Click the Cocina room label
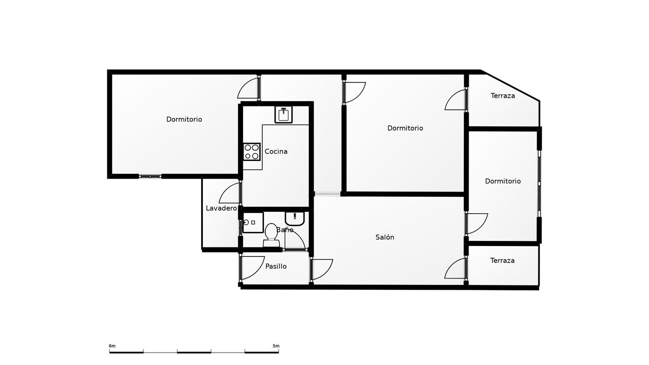pyautogui.click(x=276, y=151)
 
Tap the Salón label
pyautogui.click(x=385, y=237)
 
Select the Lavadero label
pyautogui.click(x=222, y=208)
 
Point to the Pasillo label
pyautogui.click(x=276, y=266)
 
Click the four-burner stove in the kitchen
pyautogui.click(x=251, y=152)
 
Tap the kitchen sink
pyautogui.click(x=283, y=115)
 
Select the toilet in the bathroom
pyautogui.click(x=271, y=235)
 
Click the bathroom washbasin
pyautogui.click(x=295, y=219)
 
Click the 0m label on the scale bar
pyautogui.click(x=112, y=346)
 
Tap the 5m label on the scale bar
pyautogui.click(x=276, y=346)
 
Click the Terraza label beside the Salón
pyautogui.click(x=502, y=260)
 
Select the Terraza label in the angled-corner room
pyautogui.click(x=503, y=96)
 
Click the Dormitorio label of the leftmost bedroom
pyautogui.click(x=184, y=119)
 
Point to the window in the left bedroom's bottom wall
pyautogui.click(x=150, y=176)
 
